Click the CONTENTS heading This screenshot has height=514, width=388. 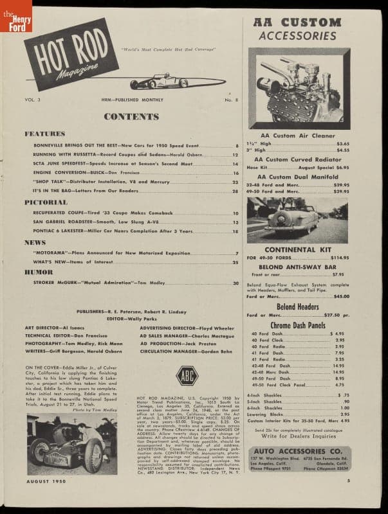pos(131,117)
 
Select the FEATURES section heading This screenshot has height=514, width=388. pos(45,134)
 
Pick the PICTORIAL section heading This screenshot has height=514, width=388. pos(46,202)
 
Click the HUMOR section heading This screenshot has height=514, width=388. pos(39,272)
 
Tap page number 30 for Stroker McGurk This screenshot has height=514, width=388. pos(236,283)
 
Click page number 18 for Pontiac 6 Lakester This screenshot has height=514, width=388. pos(236,231)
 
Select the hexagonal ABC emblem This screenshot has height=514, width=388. pos(187,375)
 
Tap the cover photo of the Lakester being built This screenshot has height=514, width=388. pos(72,443)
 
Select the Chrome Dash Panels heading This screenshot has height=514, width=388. pos(297,325)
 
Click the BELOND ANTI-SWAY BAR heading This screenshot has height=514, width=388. pos(297,265)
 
